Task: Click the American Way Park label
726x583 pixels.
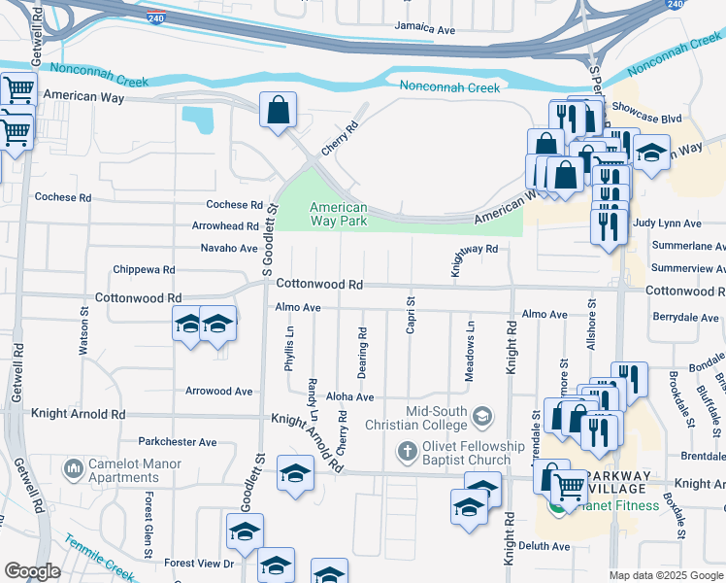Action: coord(339,214)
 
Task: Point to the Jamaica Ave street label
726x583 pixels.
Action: coord(425,30)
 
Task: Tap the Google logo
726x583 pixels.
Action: coord(32,571)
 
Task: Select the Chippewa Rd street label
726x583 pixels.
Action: coord(144,269)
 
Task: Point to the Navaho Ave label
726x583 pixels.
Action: coord(228,248)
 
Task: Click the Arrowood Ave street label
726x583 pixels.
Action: coord(218,392)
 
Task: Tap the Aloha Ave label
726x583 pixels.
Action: coord(349,397)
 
